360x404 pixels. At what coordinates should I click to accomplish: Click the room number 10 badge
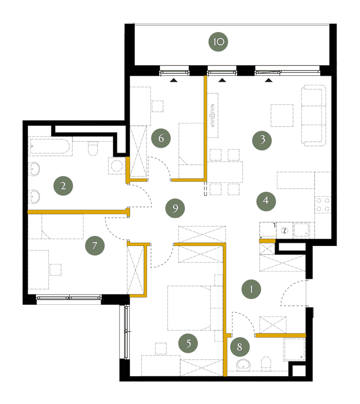(x=218, y=42)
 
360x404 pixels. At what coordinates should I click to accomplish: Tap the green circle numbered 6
(x=161, y=138)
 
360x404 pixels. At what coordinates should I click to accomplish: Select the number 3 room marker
(x=262, y=140)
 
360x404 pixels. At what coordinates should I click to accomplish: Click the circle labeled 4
(x=266, y=201)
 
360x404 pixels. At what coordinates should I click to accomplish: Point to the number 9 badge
(x=175, y=208)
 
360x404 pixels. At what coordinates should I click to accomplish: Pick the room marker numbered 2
(x=63, y=186)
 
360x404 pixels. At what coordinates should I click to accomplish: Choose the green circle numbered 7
(x=95, y=246)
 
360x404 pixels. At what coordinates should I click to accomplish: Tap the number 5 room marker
(x=188, y=343)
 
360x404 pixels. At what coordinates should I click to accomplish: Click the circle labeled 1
(x=251, y=289)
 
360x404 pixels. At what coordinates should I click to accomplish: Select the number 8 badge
(x=240, y=347)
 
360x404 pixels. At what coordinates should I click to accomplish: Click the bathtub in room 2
(x=50, y=146)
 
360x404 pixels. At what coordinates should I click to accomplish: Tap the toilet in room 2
(x=93, y=149)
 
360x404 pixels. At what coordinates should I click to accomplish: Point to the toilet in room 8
(x=266, y=364)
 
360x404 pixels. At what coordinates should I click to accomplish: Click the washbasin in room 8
(x=244, y=365)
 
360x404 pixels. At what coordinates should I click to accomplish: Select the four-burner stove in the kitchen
(x=323, y=205)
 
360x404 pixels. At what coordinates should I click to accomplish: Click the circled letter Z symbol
(x=284, y=231)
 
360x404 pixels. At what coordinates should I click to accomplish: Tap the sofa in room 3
(x=314, y=115)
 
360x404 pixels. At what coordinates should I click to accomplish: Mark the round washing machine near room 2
(x=116, y=166)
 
